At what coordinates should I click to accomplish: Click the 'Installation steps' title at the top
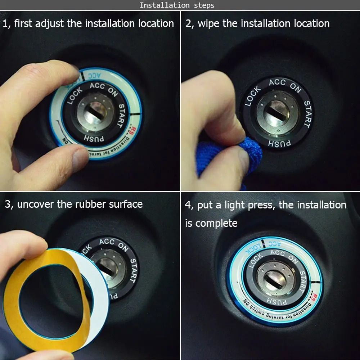tap(177, 5)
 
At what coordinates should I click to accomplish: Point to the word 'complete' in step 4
tap(218, 223)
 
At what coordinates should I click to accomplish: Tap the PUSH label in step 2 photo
tap(279, 143)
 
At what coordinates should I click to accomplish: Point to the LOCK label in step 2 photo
tap(252, 96)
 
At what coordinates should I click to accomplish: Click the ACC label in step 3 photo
tap(107, 242)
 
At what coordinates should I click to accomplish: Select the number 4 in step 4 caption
tap(188, 205)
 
